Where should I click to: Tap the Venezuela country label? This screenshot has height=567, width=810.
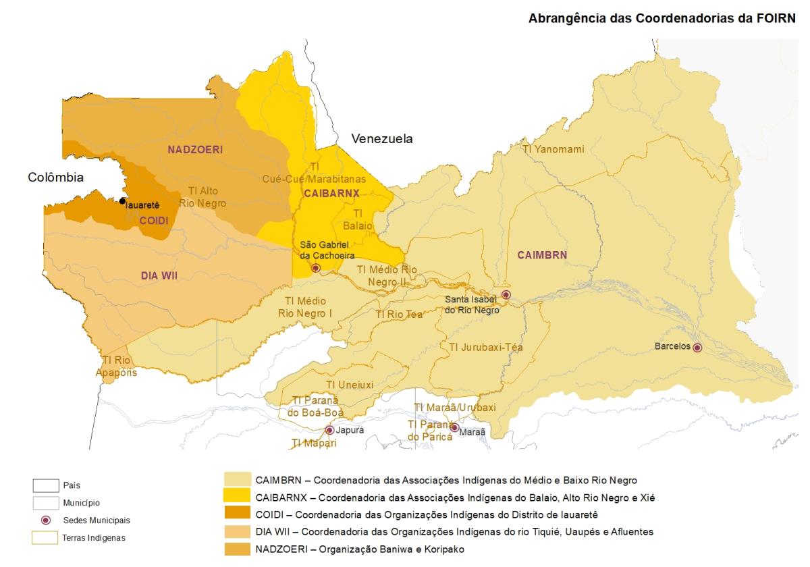(381, 139)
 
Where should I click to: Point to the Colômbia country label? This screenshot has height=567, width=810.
(55, 178)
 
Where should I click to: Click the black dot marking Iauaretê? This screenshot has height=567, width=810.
(122, 200)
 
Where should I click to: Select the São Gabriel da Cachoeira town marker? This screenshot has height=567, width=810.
(315, 268)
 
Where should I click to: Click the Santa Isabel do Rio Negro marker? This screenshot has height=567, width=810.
(506, 295)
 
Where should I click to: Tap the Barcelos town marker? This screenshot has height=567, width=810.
(697, 348)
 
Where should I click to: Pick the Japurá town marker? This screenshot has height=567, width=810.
(329, 430)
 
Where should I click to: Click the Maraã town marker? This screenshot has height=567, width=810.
(454, 428)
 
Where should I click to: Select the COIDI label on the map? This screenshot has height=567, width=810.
(153, 221)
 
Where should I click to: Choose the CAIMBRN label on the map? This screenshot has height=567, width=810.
(542, 254)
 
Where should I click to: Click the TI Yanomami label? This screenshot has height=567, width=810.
(553, 149)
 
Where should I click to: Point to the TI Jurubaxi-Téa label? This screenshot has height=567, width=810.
(485, 347)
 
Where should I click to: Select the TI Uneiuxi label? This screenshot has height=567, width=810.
(349, 384)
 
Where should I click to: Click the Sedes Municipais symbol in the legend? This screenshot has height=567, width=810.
(47, 520)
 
